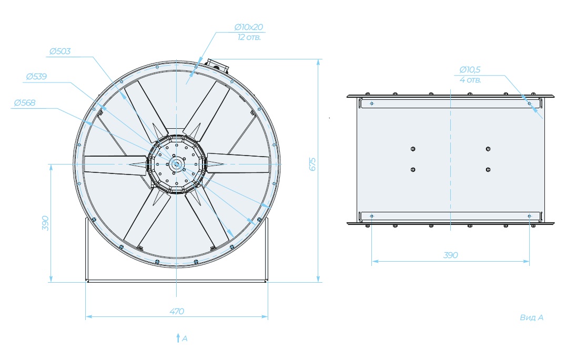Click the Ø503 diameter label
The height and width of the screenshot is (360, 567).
pyautogui.click(x=60, y=52)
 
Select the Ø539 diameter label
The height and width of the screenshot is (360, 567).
pyautogui.click(x=36, y=77)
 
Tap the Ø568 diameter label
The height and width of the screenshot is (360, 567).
pyautogui.click(x=25, y=102)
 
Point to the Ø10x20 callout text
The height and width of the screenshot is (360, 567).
pyautogui.click(x=248, y=27)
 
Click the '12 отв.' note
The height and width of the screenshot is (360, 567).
pyautogui.click(x=249, y=37)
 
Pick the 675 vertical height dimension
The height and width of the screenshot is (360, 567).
pyautogui.click(x=313, y=164)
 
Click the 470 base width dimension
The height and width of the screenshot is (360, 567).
pyautogui.click(x=177, y=311)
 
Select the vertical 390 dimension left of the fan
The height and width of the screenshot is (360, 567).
pyautogui.click(x=45, y=223)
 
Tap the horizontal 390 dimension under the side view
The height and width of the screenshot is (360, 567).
pyautogui.click(x=451, y=255)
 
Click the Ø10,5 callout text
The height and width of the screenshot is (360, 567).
pyautogui.click(x=470, y=70)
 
